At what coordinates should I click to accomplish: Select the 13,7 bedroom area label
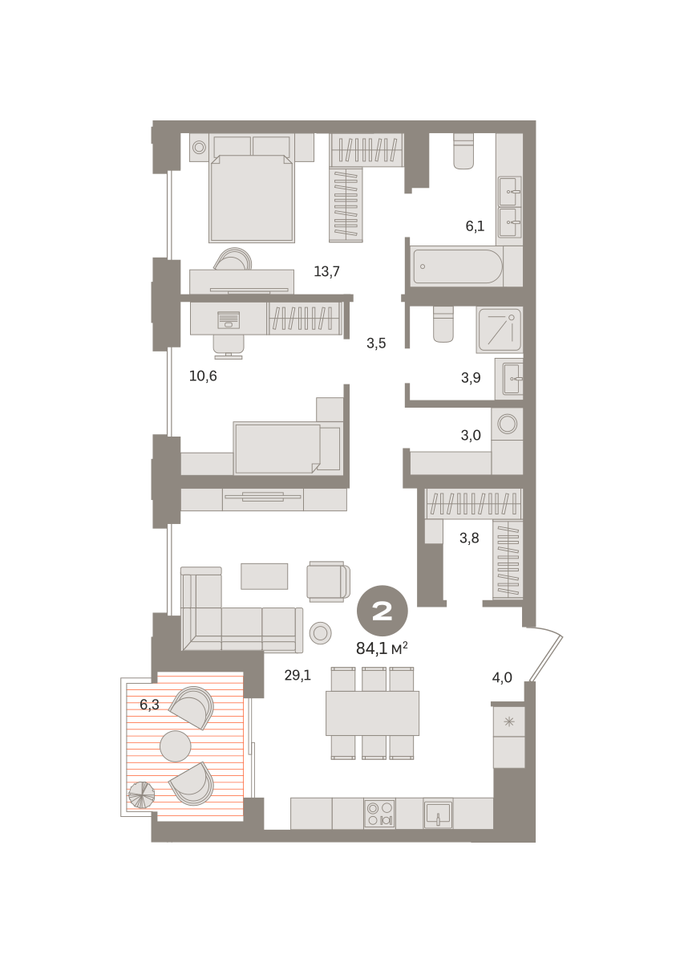pos(326,271)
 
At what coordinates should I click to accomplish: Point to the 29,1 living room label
pos(297,675)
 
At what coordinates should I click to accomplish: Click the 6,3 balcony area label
pos(149,705)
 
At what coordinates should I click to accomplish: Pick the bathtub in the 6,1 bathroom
pos(458,266)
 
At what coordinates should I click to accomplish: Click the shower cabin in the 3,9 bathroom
pos(500,331)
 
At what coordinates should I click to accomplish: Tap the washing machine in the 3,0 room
pos(508,424)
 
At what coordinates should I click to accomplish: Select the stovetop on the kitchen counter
pos(379,814)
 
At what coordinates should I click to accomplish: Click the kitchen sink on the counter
pos(438,814)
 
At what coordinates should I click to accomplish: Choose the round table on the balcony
pos(176,746)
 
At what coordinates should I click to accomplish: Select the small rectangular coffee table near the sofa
pos(265,576)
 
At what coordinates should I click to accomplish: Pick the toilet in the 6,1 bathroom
pos(464,151)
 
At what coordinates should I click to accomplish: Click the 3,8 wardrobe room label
pos(469,538)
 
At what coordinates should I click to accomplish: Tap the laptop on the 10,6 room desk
pos(229,320)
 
